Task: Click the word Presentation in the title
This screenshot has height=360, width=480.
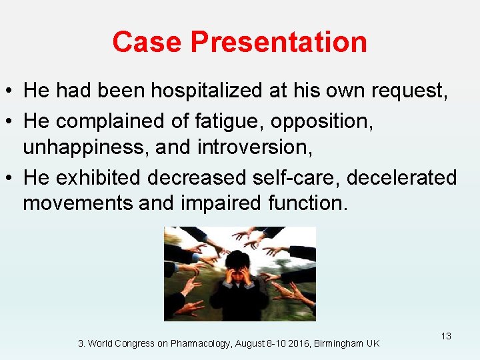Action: pyautogui.click(x=279, y=42)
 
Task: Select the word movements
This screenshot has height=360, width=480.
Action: pyautogui.click(x=78, y=202)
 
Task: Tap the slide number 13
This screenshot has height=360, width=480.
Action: pyautogui.click(x=445, y=336)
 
